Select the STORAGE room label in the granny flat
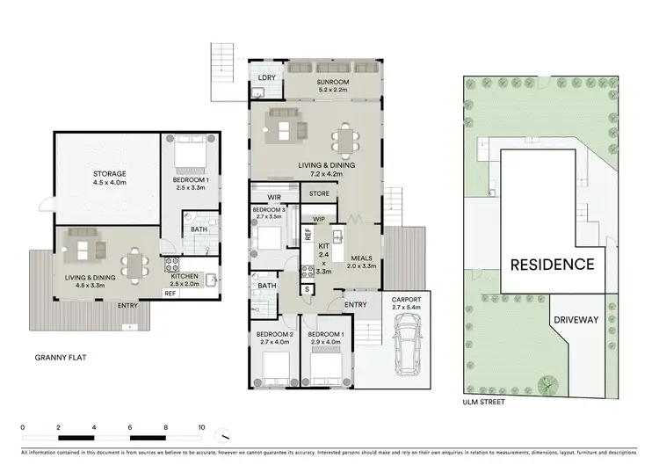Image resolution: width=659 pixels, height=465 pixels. tap(110, 174)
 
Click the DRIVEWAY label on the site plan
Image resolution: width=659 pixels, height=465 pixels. tap(576, 320)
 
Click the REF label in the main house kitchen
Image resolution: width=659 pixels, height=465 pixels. tap(308, 233)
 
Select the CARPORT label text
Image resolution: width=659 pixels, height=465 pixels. tap(405, 298)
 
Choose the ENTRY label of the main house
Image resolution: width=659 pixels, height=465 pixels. tap(356, 304)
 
